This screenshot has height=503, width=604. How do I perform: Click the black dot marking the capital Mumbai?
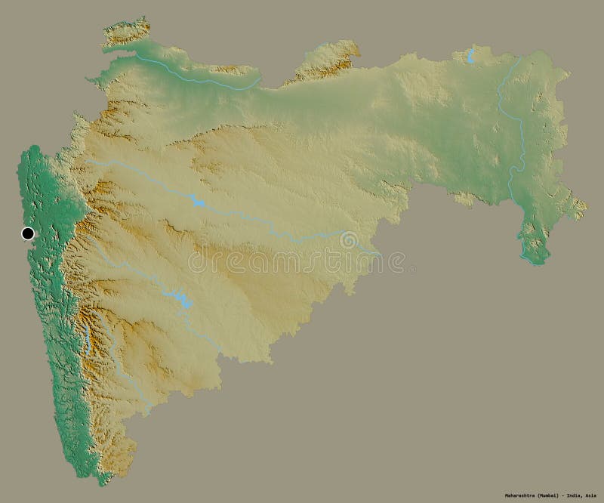click(29, 233)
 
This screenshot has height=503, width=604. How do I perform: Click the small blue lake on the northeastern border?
click(470, 55)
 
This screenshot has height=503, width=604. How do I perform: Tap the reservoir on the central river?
click(197, 201)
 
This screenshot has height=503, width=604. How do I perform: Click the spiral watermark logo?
click(349, 241)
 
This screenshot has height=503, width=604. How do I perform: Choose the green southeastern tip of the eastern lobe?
click(535, 257)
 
